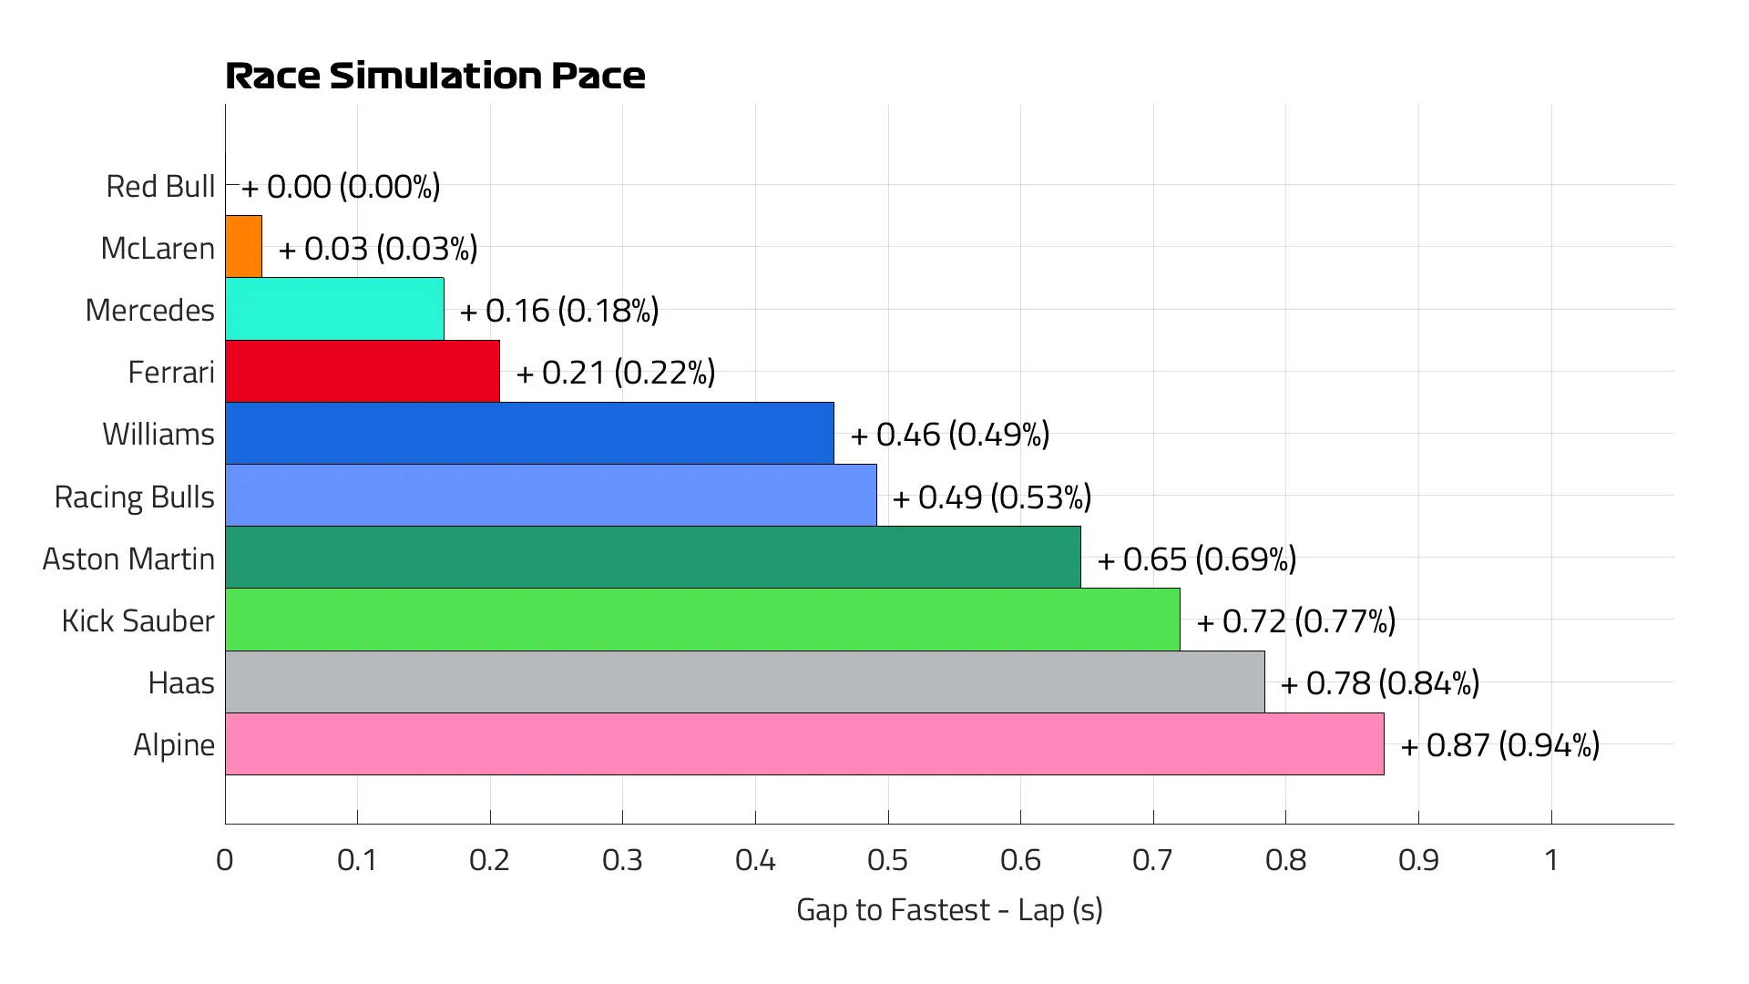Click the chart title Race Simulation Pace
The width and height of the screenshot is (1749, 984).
(435, 76)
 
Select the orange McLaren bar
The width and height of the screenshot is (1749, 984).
(244, 247)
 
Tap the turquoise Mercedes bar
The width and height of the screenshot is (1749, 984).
(334, 309)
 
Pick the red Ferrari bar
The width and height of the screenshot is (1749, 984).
(363, 371)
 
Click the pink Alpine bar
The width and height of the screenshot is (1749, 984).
(804, 744)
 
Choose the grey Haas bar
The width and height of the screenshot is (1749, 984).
(744, 682)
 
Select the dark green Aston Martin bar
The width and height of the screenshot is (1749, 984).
(652, 558)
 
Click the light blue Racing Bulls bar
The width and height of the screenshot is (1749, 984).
(550, 496)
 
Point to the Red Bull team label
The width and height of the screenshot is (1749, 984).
(160, 186)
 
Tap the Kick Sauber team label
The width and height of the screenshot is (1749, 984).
(138, 620)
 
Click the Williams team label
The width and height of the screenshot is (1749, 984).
(159, 434)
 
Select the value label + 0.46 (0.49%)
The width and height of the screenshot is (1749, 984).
(949, 435)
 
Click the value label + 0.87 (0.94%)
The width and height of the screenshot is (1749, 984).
(1499, 745)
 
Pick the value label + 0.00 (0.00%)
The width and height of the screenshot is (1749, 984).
(341, 187)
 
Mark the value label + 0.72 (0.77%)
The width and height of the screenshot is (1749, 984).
(1295, 621)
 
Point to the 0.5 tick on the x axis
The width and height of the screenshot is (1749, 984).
(887, 860)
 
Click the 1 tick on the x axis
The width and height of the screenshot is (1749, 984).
(1551, 860)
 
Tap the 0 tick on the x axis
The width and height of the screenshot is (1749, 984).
(225, 860)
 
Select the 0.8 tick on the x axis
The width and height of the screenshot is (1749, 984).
(1285, 860)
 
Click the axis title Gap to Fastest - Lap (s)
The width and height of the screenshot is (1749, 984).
(949, 909)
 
